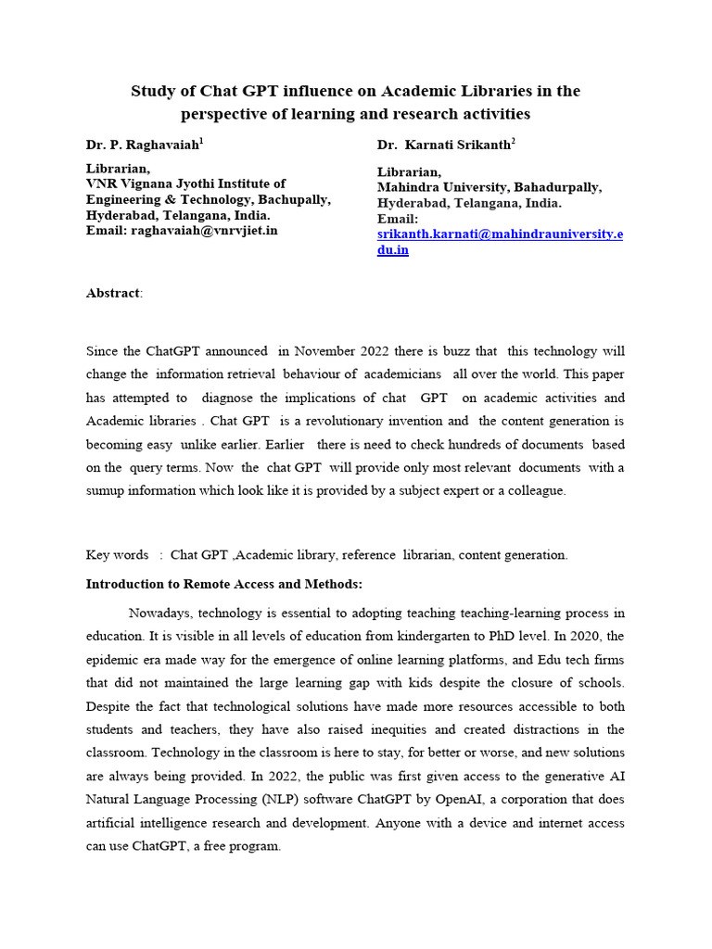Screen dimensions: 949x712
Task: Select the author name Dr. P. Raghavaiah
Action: point(142,146)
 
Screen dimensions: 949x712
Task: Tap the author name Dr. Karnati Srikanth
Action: point(443,146)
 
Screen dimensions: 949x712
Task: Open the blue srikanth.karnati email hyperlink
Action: point(500,234)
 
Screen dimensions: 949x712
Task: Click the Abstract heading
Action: point(113,293)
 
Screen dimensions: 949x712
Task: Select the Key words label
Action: point(117,554)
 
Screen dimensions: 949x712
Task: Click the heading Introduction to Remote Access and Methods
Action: point(224,584)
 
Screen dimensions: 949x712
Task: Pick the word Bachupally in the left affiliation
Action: point(290,199)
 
